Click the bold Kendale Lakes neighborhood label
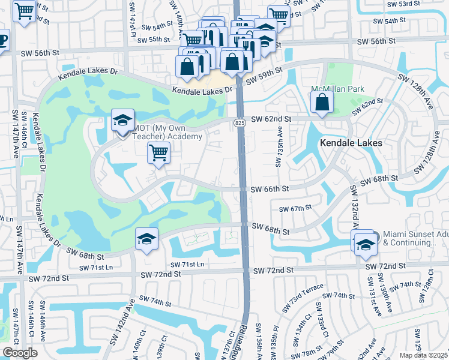(351, 143)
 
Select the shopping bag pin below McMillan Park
(322, 103)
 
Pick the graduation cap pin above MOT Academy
(122, 121)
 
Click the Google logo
(20, 352)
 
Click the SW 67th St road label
(295, 208)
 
